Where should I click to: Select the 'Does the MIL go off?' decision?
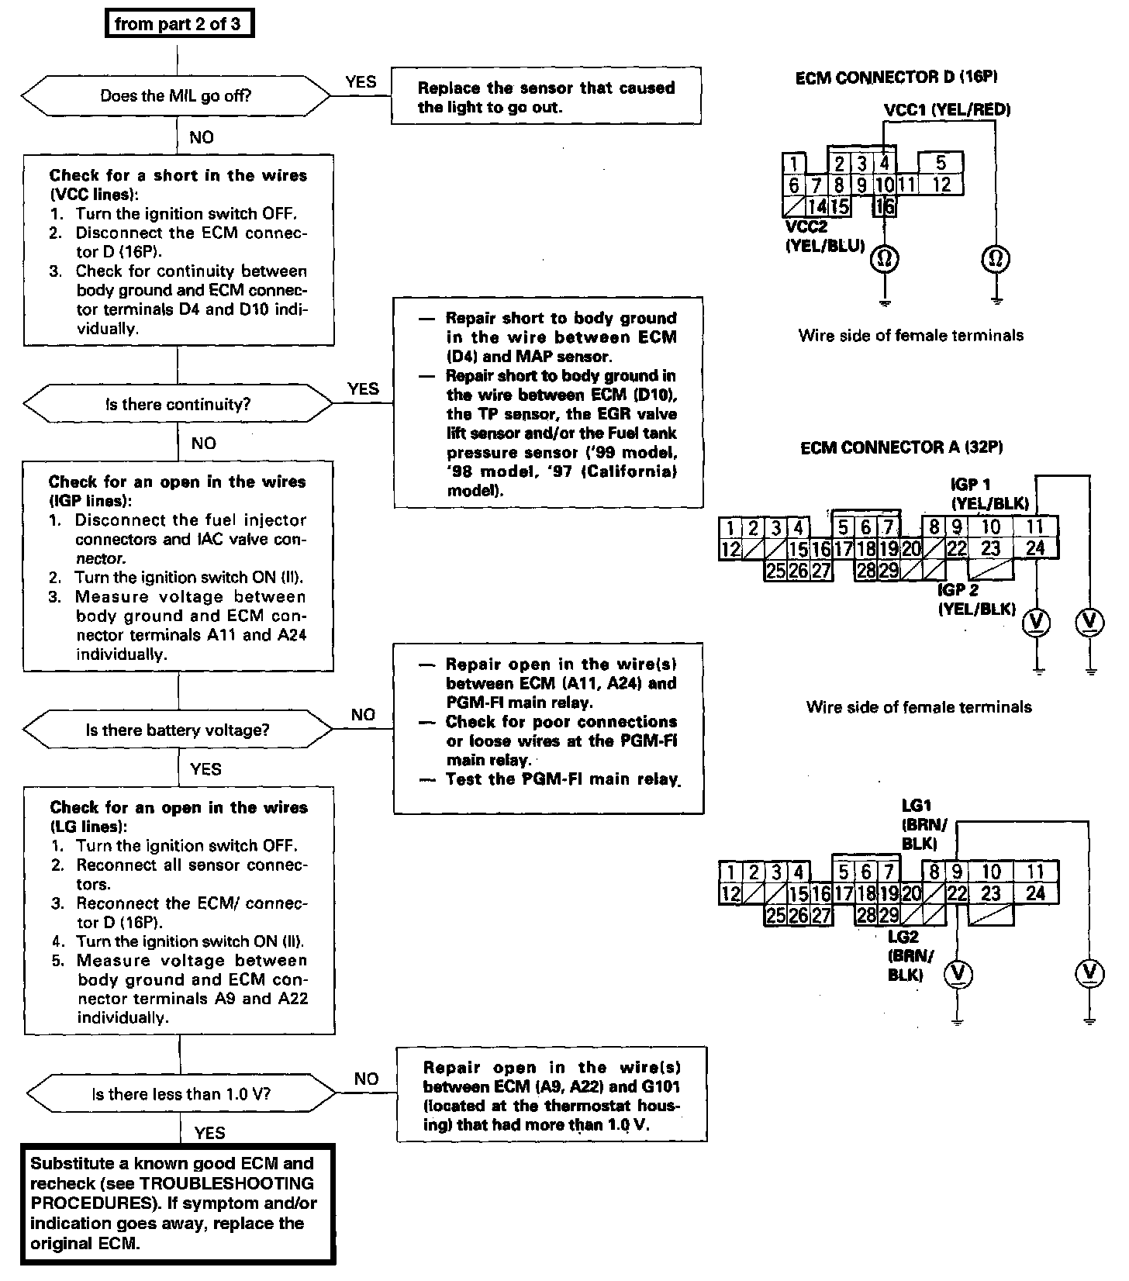pyautogui.click(x=176, y=96)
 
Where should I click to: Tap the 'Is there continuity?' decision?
pyautogui.click(x=178, y=404)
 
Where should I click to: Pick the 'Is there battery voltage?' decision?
pyautogui.click(x=178, y=730)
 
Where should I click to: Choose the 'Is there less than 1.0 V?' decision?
pyautogui.click(x=181, y=1094)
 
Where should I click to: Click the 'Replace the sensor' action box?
pyautogui.click(x=546, y=97)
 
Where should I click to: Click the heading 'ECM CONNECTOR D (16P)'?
pyautogui.click(x=896, y=77)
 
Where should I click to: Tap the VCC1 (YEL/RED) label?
pyautogui.click(x=947, y=109)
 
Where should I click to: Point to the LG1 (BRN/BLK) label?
pyautogui.click(x=924, y=825)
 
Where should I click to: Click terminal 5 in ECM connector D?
pyautogui.click(x=941, y=163)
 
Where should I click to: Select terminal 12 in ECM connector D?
pyautogui.click(x=941, y=185)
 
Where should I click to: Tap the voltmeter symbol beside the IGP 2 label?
pyautogui.click(x=1036, y=621)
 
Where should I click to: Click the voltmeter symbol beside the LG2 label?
pyautogui.click(x=958, y=974)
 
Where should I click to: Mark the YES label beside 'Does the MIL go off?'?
pyautogui.click(x=361, y=81)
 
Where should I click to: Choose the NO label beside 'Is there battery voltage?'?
pyautogui.click(x=363, y=714)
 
